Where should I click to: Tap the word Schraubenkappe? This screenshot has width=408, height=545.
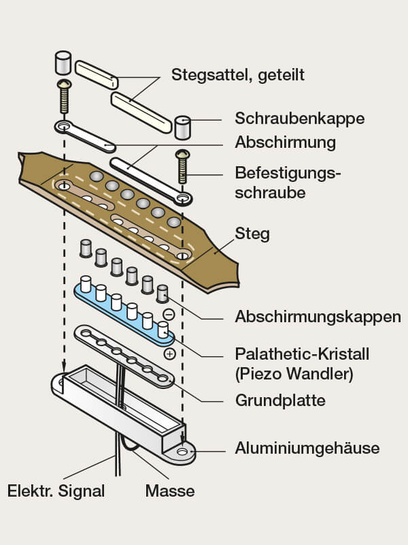(299, 119)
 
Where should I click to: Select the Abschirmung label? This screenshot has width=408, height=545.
(285, 143)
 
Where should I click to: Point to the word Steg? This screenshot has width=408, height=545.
(252, 234)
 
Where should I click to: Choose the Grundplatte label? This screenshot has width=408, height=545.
(279, 400)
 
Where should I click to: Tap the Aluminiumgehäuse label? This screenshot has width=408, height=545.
(307, 448)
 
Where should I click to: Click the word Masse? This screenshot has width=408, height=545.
(170, 490)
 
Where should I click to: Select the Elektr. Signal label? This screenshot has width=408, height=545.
(56, 490)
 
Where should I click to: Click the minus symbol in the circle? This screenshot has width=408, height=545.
(169, 315)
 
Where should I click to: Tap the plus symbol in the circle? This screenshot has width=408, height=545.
(169, 354)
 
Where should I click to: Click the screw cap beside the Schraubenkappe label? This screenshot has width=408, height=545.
(182, 127)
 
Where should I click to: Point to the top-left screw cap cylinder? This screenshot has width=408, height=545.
(63, 63)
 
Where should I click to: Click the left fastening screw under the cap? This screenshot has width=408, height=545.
(64, 97)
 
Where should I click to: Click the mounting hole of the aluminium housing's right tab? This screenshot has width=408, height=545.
(182, 452)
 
